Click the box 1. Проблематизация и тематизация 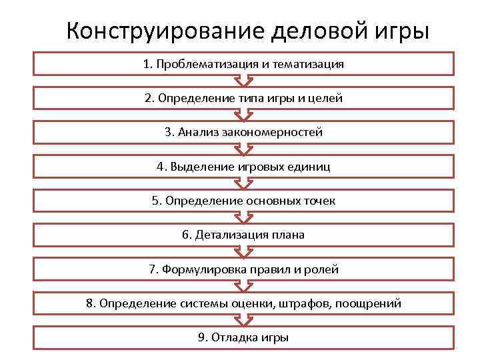coord(243,64)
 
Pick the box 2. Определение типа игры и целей coord(243,98)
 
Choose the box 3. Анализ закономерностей coord(243,132)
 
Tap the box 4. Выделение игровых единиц coord(243,167)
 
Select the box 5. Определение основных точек coord(243,201)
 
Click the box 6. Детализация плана coord(243,235)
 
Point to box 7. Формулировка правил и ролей coord(243,269)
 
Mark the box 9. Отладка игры coord(243,337)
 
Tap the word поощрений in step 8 coord(368,303)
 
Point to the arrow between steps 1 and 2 coord(243,81)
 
